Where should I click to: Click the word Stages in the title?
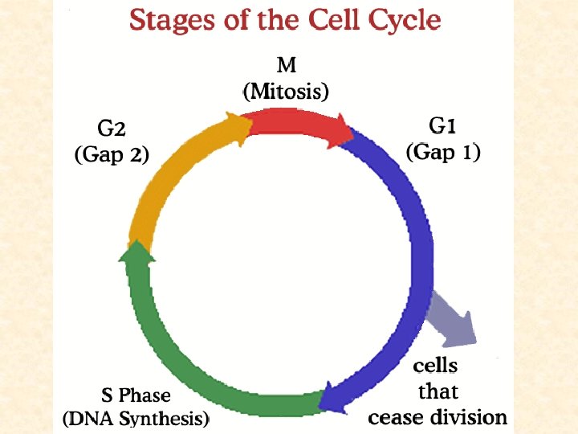tap(170, 19)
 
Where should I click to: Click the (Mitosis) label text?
tap(286, 91)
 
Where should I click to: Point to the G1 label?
tap(443, 127)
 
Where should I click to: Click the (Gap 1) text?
tap(443, 152)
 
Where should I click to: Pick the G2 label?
tap(111, 129)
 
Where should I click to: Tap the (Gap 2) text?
tap(111, 154)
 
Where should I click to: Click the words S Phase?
tap(136, 395)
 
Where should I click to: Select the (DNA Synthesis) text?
tap(136, 418)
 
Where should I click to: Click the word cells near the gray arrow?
tap(435, 366)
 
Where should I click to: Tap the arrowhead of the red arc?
tap(345, 131)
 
